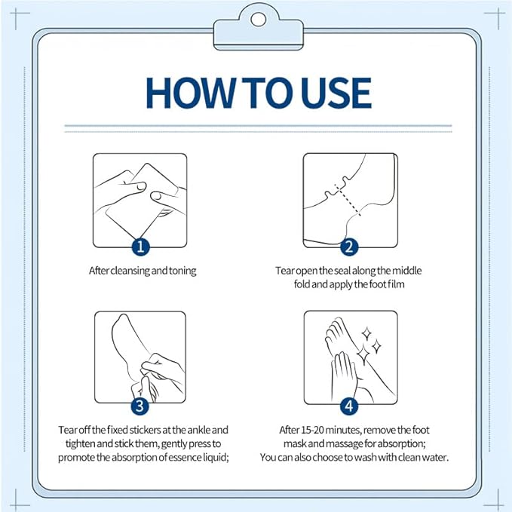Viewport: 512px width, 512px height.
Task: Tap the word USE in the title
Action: [336, 93]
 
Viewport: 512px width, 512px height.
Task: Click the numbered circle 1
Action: [141, 247]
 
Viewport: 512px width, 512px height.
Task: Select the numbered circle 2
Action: [349, 247]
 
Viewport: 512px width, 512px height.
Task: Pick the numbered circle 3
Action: [140, 406]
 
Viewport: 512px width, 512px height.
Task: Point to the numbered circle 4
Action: [349, 406]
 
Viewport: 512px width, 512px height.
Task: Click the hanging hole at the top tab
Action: [259, 20]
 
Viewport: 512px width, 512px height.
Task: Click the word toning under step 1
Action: [182, 271]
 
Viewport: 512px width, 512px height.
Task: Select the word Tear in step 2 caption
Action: [285, 271]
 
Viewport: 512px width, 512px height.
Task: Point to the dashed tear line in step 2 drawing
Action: [348, 200]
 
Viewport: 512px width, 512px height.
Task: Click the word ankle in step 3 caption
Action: [199, 430]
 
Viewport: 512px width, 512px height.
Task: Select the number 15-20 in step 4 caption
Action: [313, 430]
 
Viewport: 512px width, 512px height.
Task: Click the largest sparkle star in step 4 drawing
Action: [363, 354]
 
